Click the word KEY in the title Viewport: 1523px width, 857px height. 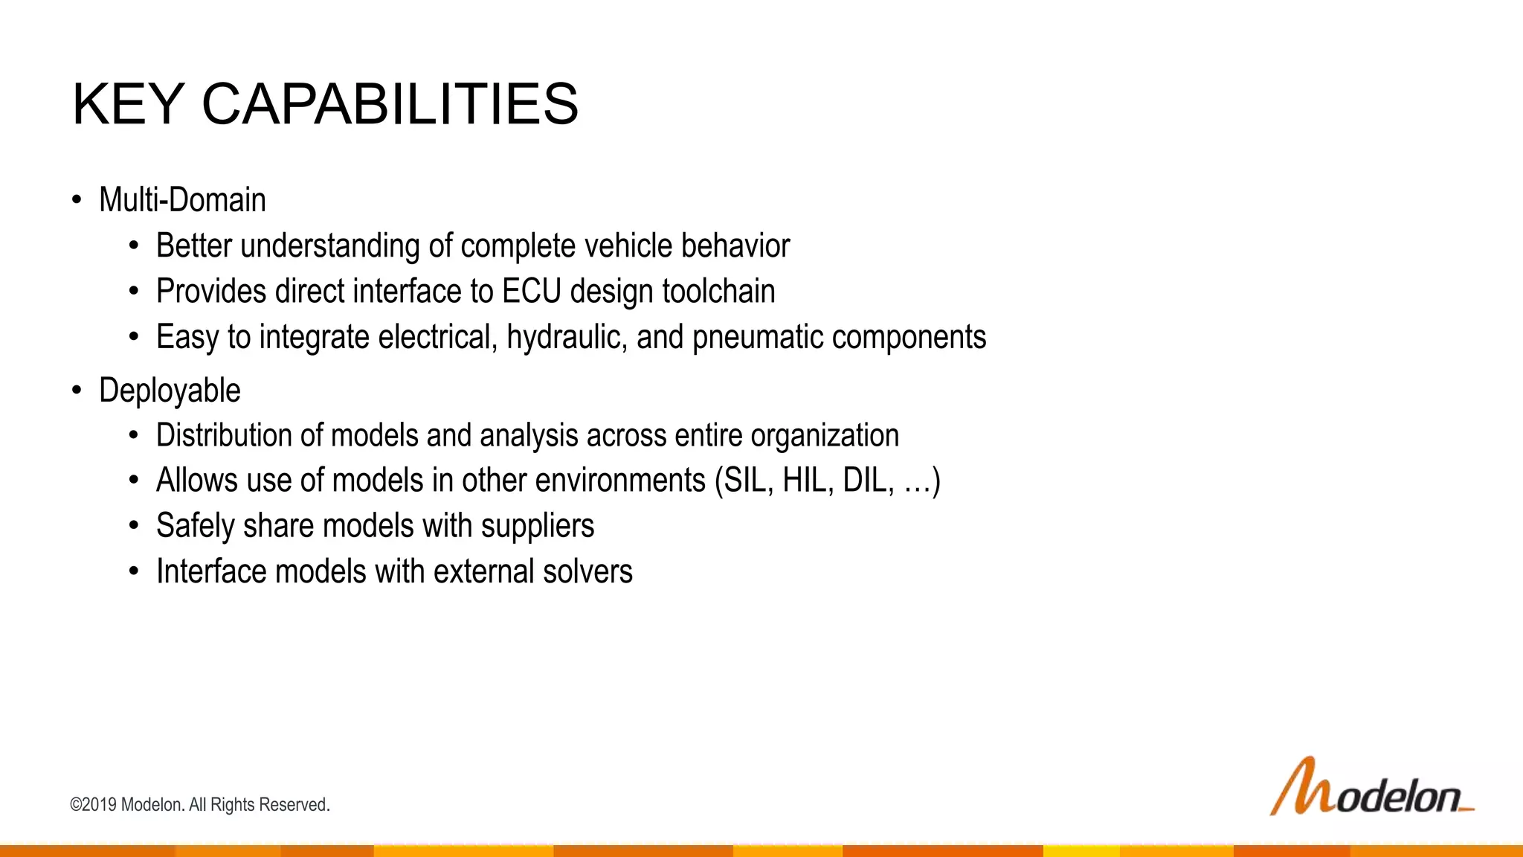pyautogui.click(x=128, y=104)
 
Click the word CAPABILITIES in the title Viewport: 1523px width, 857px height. pyautogui.click(x=390, y=104)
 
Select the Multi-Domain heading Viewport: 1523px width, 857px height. pyautogui.click(x=182, y=200)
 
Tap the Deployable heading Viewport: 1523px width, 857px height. pyautogui.click(x=170, y=391)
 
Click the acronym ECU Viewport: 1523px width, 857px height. pyautogui.click(x=531, y=291)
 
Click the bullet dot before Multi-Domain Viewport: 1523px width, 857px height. pyautogui.click(x=77, y=200)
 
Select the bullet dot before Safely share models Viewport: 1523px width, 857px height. pyautogui.click(x=133, y=527)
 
